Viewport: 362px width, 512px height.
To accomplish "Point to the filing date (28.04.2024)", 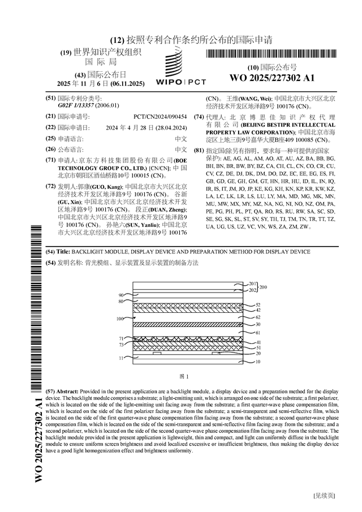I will pyautogui.click(x=170, y=127).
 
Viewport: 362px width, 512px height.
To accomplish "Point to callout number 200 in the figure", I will pyautogui.click(x=263, y=287).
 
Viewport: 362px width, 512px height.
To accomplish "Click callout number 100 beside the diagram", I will pyautogui.click(x=120, y=319).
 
